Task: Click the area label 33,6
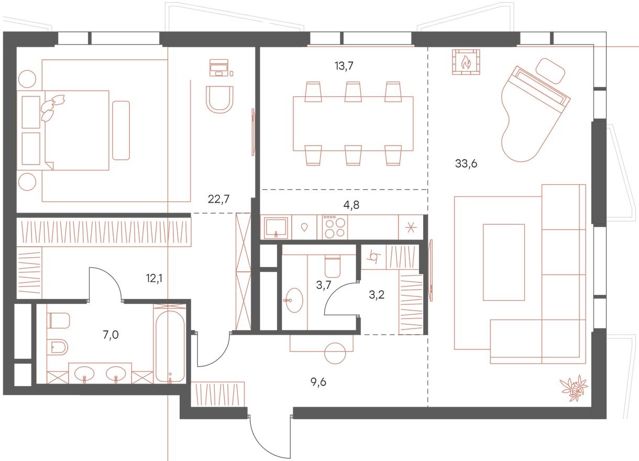(x=466, y=163)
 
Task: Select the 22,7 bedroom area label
(x=219, y=198)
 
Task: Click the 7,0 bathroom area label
(x=111, y=333)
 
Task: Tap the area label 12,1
(x=154, y=278)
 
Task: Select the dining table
(x=352, y=124)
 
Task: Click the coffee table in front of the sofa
(x=503, y=262)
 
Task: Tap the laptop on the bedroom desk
(x=219, y=67)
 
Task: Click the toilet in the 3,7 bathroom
(x=332, y=266)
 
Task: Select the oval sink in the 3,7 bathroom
(x=294, y=301)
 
